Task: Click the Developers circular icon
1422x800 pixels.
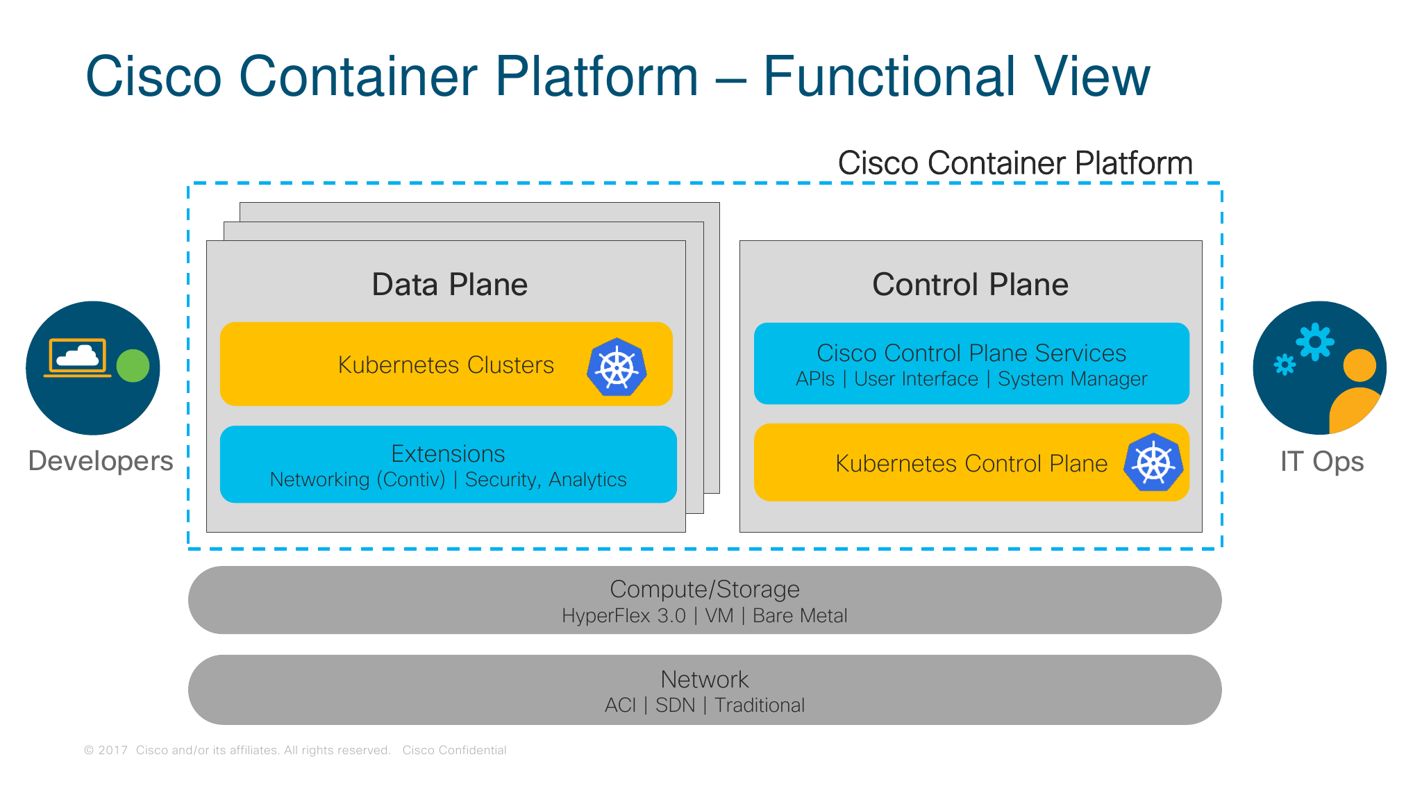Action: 93,368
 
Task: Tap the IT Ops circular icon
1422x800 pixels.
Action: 1319,368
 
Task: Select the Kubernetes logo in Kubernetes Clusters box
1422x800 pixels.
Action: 617,367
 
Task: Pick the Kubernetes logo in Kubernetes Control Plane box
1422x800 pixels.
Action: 1153,462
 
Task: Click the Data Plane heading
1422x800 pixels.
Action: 449,285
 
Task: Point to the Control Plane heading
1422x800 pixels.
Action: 970,285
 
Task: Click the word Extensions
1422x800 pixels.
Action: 448,453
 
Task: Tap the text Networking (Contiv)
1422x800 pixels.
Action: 357,480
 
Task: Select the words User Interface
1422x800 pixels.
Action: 916,379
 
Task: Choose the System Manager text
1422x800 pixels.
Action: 1072,379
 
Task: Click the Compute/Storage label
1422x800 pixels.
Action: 704,589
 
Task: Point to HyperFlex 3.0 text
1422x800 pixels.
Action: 624,616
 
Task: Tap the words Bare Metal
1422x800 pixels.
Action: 800,616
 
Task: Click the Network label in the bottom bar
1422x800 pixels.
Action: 704,678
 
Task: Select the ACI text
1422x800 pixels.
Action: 620,706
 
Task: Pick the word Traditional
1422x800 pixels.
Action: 760,706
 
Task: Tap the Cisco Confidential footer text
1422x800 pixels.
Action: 454,750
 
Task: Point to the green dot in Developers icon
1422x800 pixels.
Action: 133,366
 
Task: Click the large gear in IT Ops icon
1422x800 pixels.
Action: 1314,342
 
